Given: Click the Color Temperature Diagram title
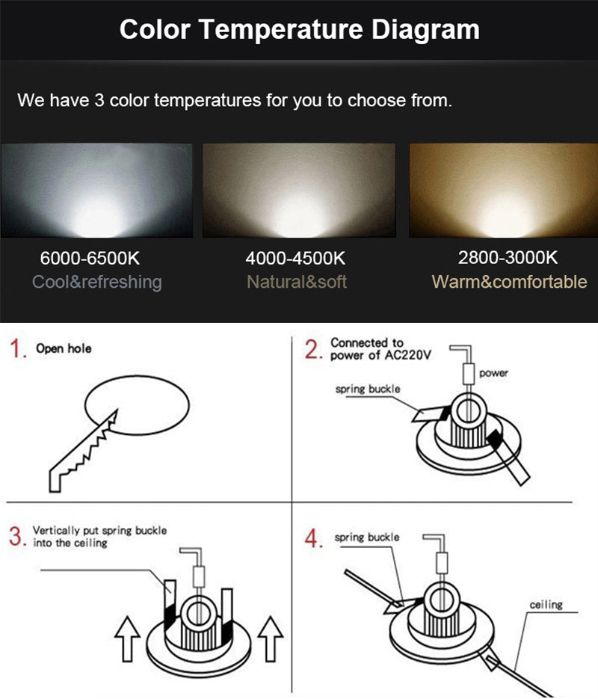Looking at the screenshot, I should (x=299, y=30).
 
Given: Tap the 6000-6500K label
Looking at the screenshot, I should (x=90, y=259).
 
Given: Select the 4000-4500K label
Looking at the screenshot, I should (x=295, y=259).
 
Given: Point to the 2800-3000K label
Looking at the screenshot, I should (x=508, y=258).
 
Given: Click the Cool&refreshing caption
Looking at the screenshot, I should (x=96, y=282).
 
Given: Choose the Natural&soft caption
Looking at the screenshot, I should (x=297, y=282).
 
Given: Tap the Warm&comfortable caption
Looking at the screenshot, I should (x=509, y=282).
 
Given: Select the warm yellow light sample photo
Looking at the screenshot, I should (x=502, y=191).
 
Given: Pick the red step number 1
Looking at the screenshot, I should (x=17, y=349).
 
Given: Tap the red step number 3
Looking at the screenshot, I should (x=16, y=536).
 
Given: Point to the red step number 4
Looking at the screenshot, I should (x=315, y=539).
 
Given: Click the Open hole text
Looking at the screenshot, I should (x=64, y=348).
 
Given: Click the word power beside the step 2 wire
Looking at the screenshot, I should (x=493, y=372).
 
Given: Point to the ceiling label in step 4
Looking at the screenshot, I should (x=546, y=604).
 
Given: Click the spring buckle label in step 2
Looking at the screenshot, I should (x=367, y=389).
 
